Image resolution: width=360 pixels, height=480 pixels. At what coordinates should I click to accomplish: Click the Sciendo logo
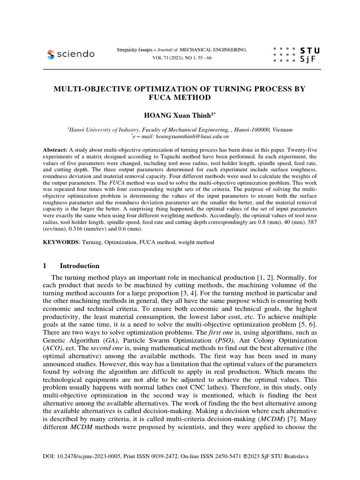coord(71,54)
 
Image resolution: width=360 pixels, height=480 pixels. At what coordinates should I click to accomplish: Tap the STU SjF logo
coord(290,54)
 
